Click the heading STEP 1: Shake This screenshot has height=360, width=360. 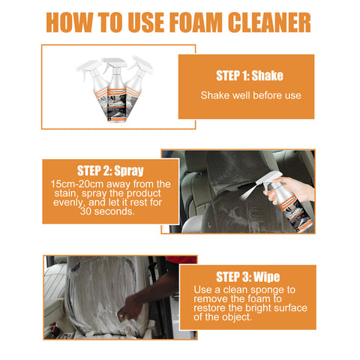[x=250, y=76]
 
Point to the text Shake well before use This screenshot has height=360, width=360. [x=250, y=95]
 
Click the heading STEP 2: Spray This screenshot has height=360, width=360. [x=110, y=171]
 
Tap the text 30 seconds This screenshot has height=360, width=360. [x=107, y=211]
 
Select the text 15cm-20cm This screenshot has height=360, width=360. [x=77, y=184]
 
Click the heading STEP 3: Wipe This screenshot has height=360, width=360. [x=247, y=277]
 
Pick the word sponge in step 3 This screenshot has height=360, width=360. [x=267, y=290]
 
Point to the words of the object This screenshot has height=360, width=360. [x=223, y=317]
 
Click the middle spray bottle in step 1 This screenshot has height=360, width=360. [x=116, y=90]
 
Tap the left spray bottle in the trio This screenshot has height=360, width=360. [x=93, y=84]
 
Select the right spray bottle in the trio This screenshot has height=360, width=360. [x=137, y=82]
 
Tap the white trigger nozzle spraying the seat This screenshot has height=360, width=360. [x=270, y=179]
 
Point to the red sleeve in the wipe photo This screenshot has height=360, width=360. [x=182, y=259]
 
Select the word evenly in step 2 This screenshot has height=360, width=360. [x=67, y=202]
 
